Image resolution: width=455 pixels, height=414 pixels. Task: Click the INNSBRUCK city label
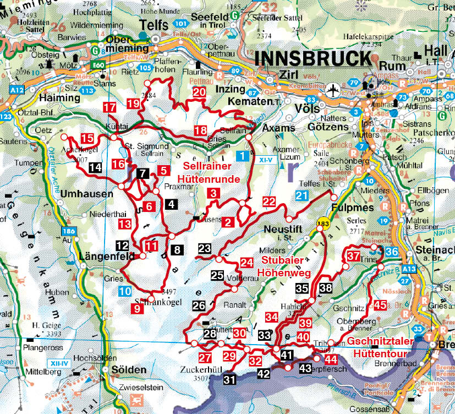point(313,58)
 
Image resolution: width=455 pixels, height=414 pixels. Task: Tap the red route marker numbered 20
point(199,92)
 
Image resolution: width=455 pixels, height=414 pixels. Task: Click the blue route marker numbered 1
point(243,156)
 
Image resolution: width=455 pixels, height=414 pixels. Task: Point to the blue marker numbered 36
point(392,252)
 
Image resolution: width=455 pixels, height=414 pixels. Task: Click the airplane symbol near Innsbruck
point(333,89)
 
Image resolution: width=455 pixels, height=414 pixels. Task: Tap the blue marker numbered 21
point(301,195)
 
